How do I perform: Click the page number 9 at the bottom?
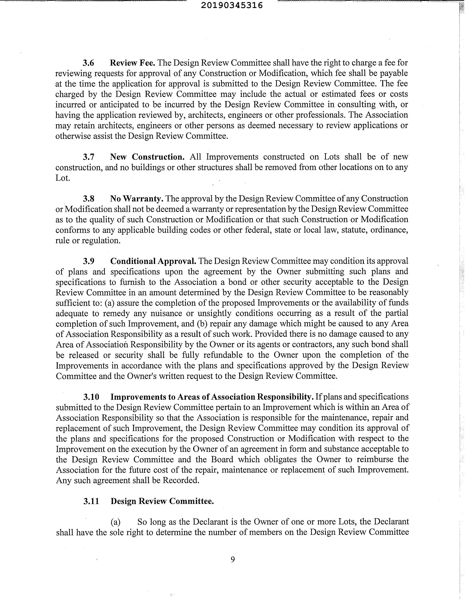pos(233,559)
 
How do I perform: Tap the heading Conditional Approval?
pos(153,261)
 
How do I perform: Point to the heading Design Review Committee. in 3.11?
pos(162,501)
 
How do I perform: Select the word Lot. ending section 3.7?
pos(63,178)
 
